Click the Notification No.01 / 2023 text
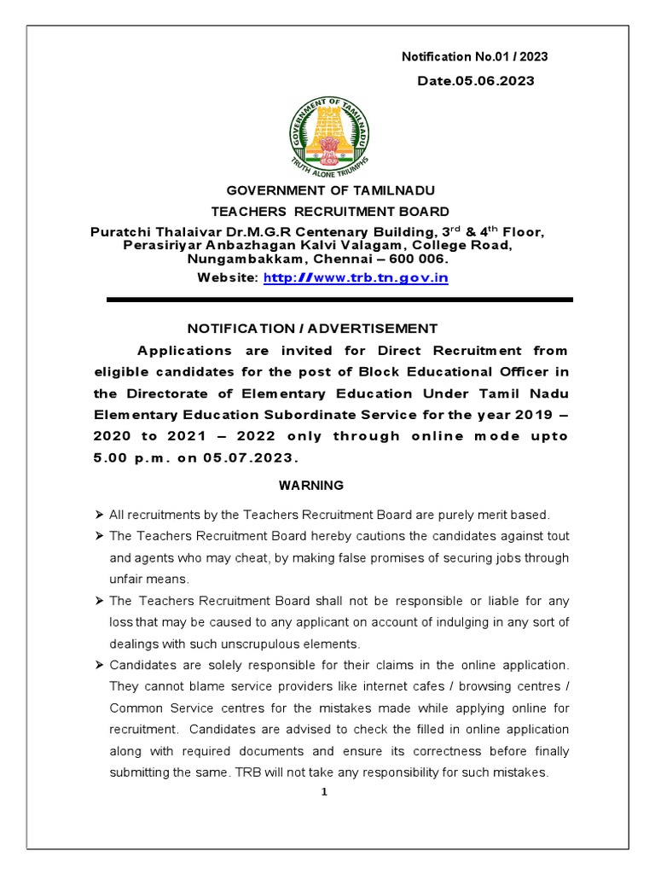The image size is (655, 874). point(474,57)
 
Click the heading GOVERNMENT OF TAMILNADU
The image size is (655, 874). point(330,191)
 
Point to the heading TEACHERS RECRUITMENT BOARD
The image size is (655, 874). point(330,211)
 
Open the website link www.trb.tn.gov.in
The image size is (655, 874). point(356,277)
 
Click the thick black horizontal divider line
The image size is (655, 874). point(339,300)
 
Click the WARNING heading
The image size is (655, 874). point(311,485)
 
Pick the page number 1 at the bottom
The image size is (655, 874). point(324,791)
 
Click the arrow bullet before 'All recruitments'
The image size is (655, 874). point(99,515)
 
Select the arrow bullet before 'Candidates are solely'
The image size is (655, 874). point(99,664)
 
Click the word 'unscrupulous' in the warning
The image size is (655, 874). point(274,643)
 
